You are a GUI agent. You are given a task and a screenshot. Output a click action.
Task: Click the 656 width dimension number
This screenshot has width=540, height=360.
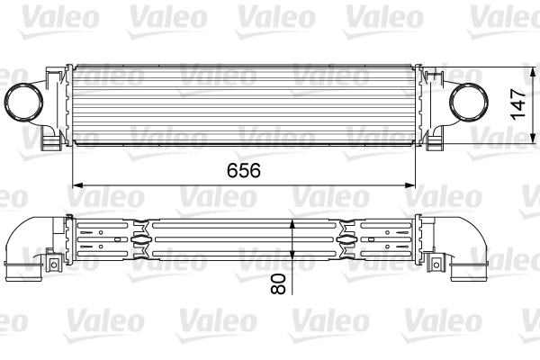click(x=238, y=170)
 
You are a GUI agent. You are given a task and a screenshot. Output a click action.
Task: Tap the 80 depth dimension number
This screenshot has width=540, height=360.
click(x=278, y=285)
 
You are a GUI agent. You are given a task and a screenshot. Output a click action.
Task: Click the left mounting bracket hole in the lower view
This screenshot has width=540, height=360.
click(x=49, y=263)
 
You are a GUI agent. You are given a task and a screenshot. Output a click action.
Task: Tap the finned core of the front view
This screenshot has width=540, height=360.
click(x=243, y=103)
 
